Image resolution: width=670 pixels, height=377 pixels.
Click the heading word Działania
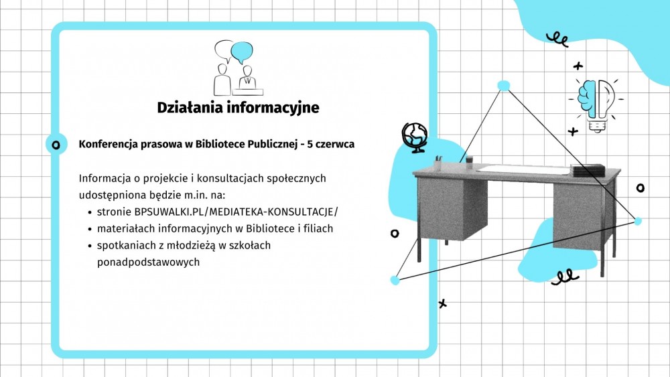click(190, 108)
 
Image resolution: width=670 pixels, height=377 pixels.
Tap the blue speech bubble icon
click(241, 52)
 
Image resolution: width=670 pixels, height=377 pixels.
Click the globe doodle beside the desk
click(415, 137)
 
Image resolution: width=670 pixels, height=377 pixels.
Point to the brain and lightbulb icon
click(596, 105)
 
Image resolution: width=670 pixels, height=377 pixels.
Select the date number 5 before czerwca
click(310, 145)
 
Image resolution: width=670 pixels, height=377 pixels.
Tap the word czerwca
click(335, 145)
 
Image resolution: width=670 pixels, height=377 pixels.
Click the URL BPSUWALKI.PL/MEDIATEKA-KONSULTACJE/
click(236, 212)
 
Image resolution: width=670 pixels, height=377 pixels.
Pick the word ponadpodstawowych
click(148, 262)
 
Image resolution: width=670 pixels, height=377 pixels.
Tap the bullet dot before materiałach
click(90, 229)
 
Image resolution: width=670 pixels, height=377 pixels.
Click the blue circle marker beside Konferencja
click(56, 145)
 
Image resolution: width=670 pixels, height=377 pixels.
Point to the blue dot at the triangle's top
click(504, 86)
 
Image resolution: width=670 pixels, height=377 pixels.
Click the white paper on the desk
click(524, 169)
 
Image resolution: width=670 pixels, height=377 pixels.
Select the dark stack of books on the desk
click(588, 170)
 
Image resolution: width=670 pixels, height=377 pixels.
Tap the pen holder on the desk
click(438, 163)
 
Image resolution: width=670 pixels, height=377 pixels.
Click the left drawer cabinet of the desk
click(452, 209)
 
